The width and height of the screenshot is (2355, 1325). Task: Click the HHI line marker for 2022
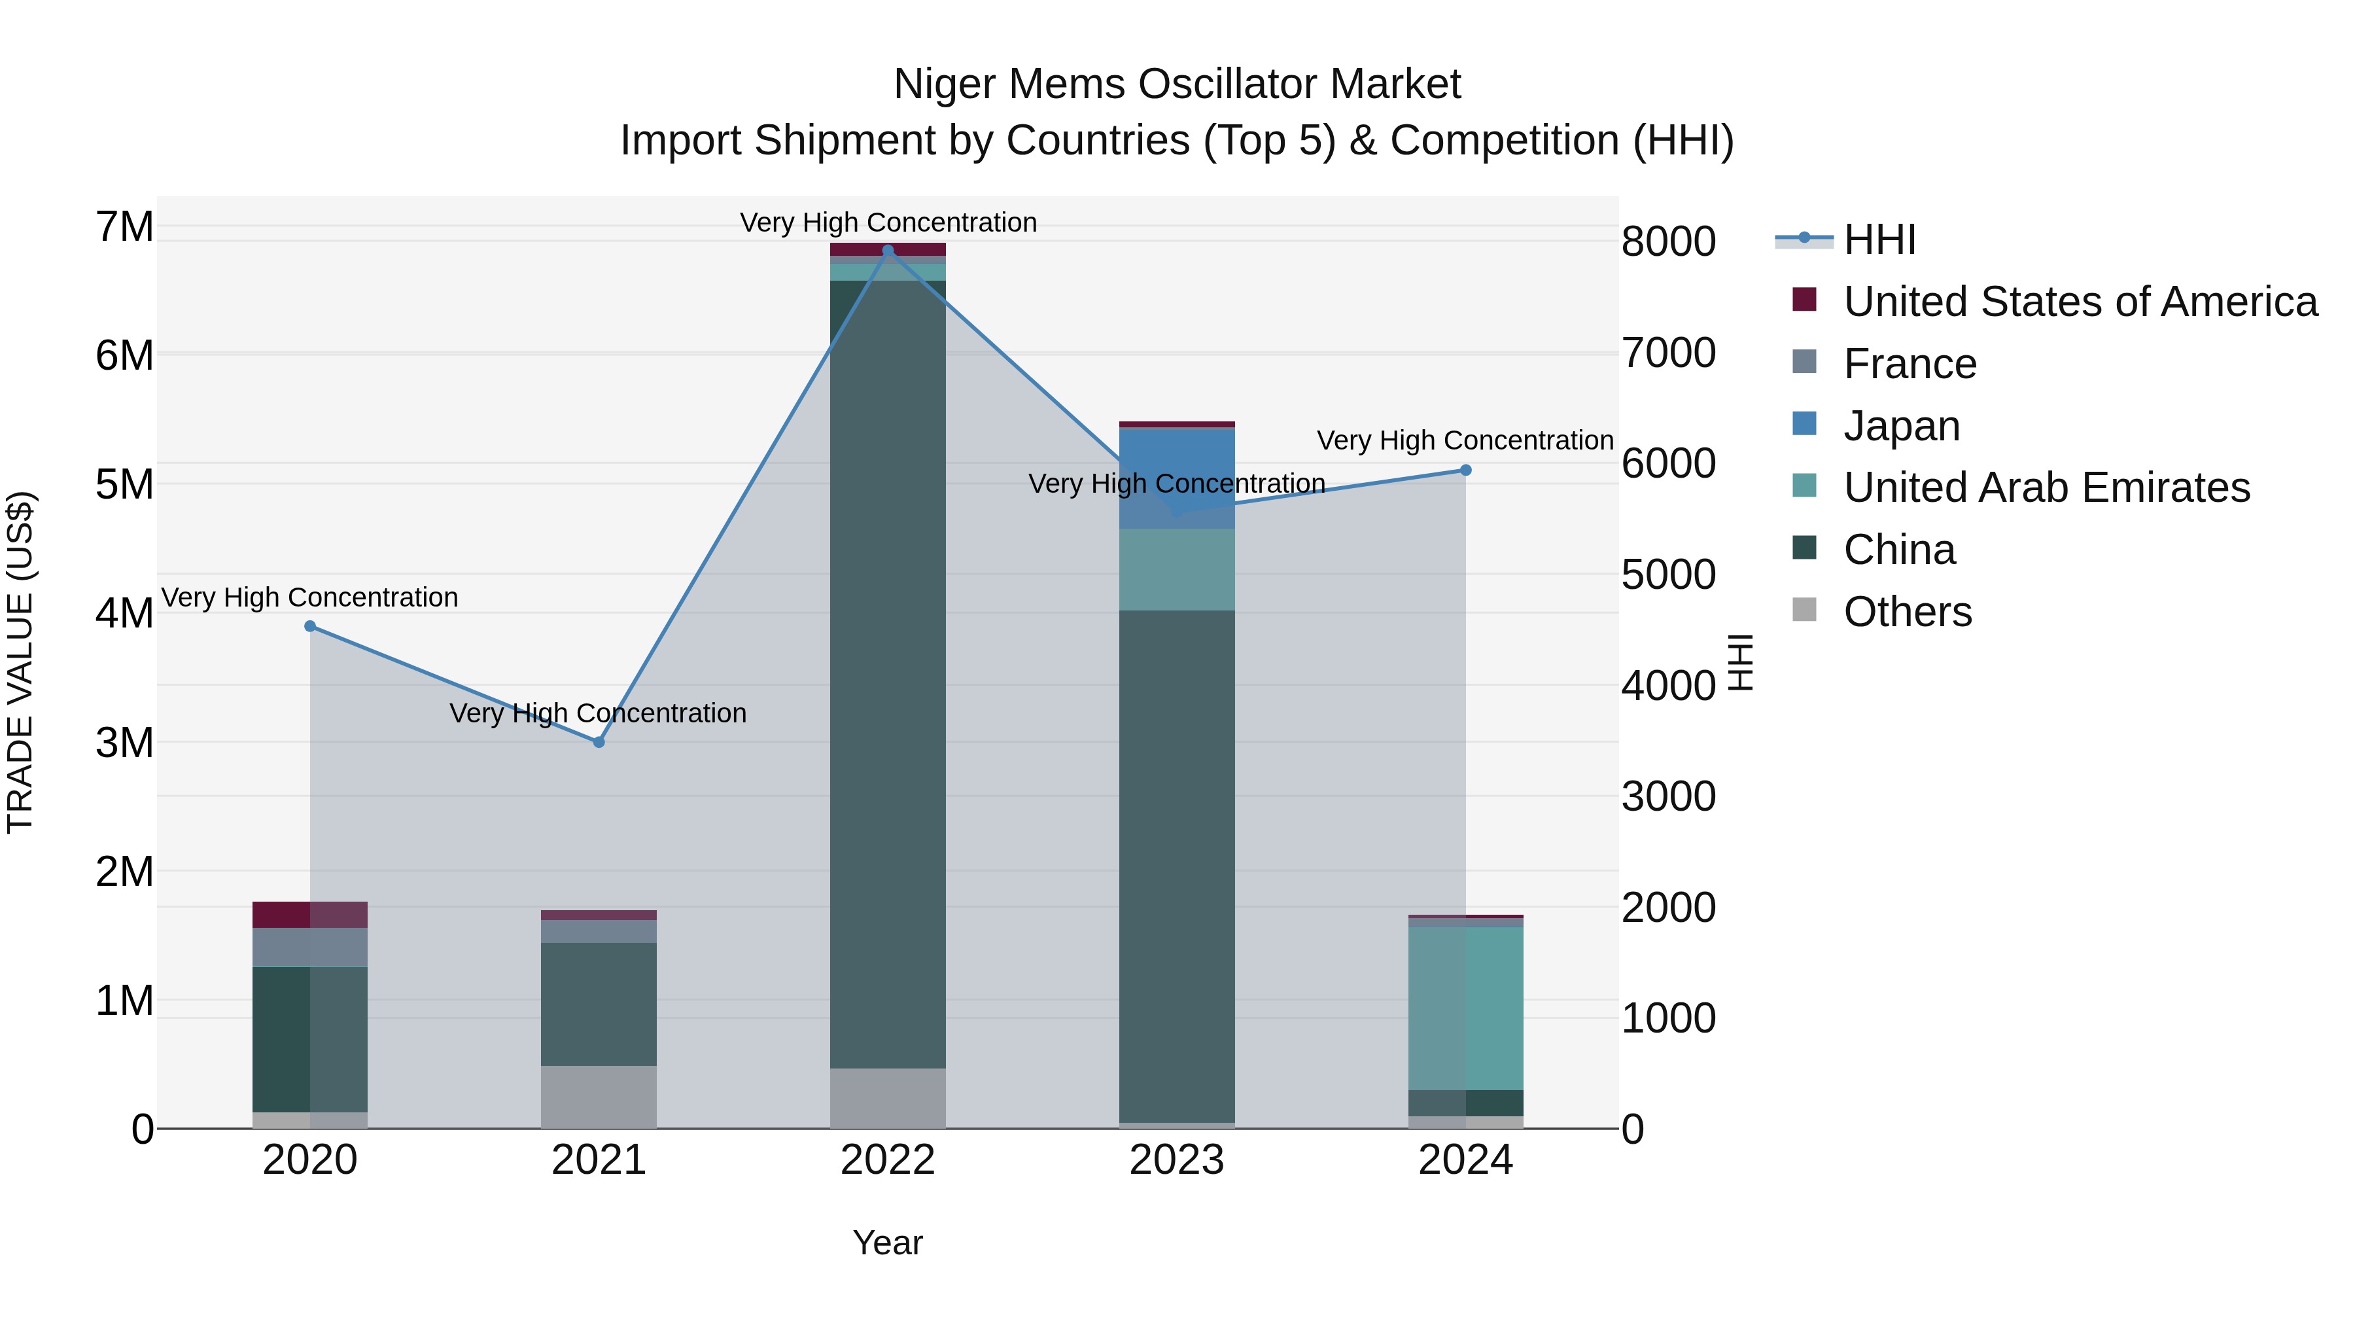(x=888, y=251)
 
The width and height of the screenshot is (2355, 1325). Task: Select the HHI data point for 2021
(x=599, y=741)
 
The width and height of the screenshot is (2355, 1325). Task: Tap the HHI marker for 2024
(x=1465, y=470)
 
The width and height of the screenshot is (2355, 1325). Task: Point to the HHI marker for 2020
(x=310, y=626)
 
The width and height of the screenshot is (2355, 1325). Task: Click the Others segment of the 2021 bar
(x=599, y=1097)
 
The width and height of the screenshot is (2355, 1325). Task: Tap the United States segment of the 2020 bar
(x=310, y=915)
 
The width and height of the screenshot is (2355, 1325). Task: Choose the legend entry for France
(x=1910, y=364)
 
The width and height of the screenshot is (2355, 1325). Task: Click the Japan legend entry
(x=1902, y=426)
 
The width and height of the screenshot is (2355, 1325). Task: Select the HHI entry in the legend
(x=1879, y=239)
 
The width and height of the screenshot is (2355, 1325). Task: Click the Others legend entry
(x=1907, y=612)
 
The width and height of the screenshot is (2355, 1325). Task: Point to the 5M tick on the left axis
(x=124, y=484)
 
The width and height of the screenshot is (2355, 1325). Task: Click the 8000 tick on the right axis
(x=1668, y=241)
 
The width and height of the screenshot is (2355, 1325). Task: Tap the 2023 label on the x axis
(x=1177, y=1160)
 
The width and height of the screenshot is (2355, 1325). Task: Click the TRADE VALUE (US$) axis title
(x=20, y=662)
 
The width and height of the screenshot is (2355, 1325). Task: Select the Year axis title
(x=888, y=1243)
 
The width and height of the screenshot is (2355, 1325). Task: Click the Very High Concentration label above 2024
(x=1465, y=441)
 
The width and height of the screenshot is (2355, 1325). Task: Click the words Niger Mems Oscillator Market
(x=1177, y=84)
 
